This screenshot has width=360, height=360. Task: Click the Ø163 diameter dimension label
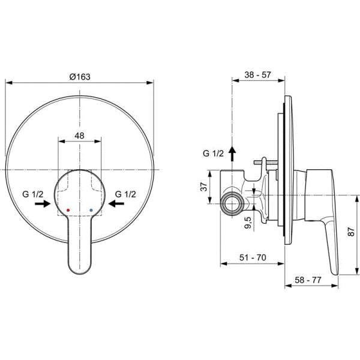point(79,76)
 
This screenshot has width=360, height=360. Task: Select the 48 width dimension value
point(79,136)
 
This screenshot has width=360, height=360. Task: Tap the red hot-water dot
point(69,211)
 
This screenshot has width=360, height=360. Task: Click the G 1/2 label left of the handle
point(33,194)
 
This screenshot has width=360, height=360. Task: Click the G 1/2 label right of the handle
point(125,194)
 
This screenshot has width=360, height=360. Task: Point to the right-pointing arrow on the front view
point(42,204)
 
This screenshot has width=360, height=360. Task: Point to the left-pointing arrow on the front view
point(117,204)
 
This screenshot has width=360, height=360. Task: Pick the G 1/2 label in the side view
point(213,154)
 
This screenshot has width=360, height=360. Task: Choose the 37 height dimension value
point(204,187)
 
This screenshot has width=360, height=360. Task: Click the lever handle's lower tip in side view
point(334,271)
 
